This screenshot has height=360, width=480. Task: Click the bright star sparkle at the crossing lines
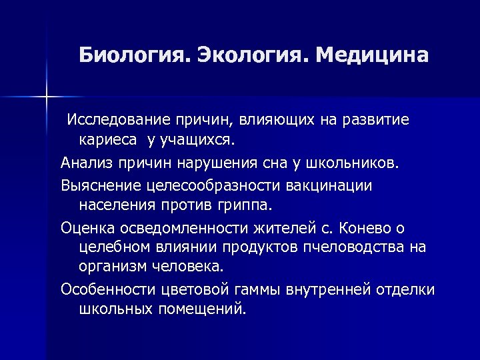tap(47, 97)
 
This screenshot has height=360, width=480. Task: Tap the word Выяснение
tap(99, 185)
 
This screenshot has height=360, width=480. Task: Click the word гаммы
tap(259, 289)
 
